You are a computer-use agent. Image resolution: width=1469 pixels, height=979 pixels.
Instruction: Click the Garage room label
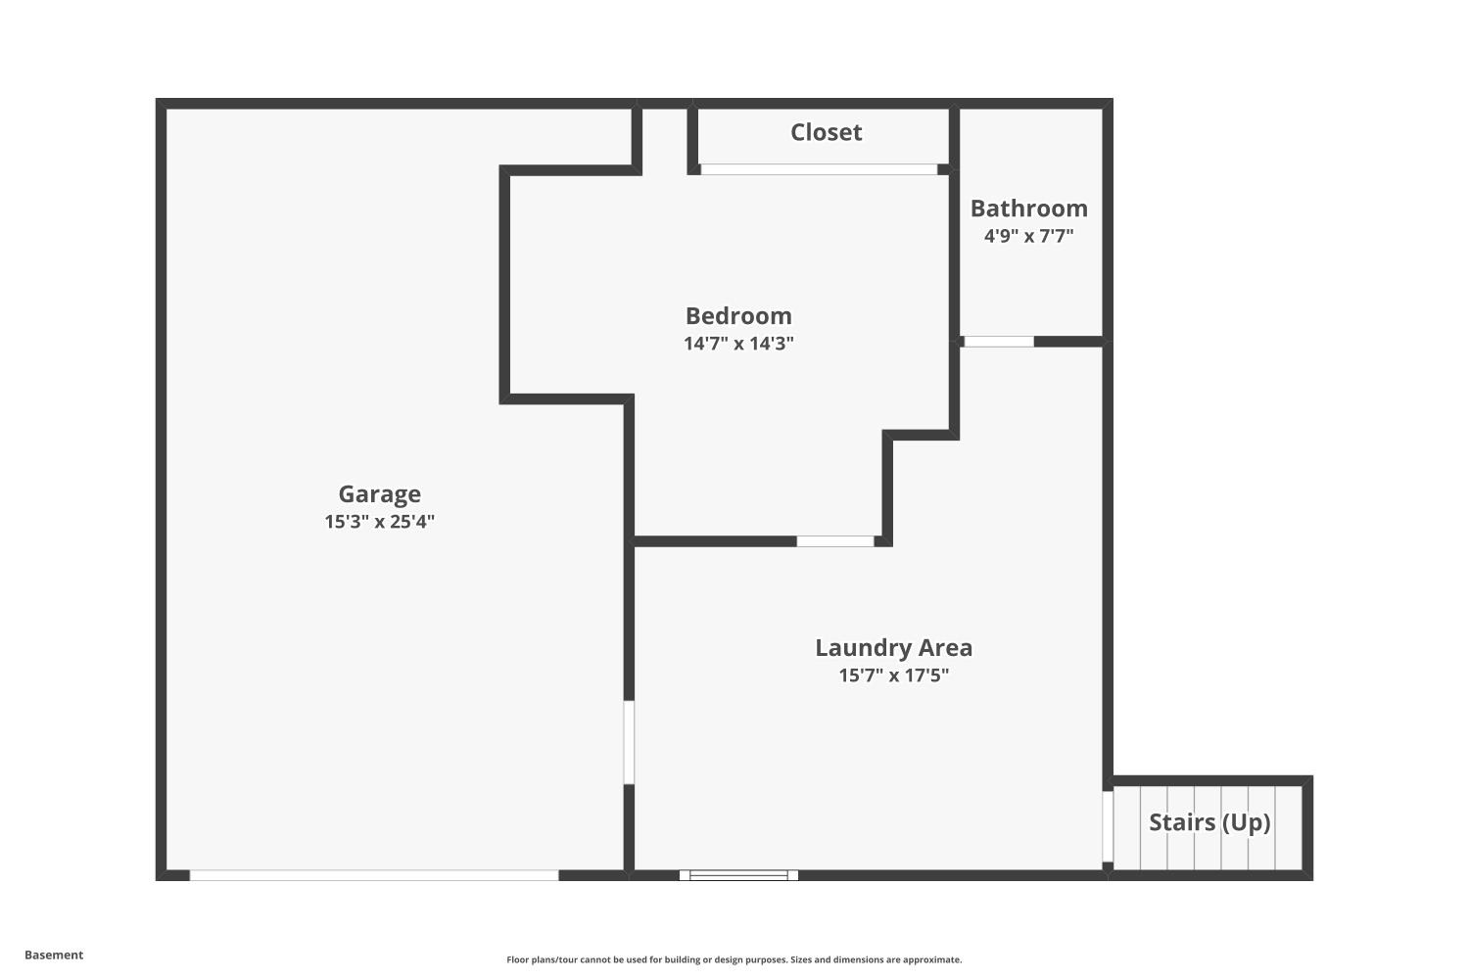tap(380, 494)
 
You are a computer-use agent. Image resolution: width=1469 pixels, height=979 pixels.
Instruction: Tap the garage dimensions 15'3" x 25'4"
tap(380, 521)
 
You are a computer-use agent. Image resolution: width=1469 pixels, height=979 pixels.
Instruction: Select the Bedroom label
tap(738, 315)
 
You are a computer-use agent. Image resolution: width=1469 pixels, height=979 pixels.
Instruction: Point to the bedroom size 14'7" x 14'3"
tap(738, 343)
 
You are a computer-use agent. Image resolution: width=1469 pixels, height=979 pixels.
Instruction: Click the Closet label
tap(826, 132)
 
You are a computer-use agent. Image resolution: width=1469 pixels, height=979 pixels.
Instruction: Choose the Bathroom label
tap(1029, 208)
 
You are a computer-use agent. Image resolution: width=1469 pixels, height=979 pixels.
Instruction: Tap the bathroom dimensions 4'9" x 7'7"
tap(1029, 235)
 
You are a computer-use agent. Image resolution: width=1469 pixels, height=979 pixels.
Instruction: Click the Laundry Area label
tap(894, 648)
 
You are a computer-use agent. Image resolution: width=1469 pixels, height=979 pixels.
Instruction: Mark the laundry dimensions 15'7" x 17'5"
tap(894, 675)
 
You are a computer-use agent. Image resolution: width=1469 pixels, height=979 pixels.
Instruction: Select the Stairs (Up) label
tap(1209, 822)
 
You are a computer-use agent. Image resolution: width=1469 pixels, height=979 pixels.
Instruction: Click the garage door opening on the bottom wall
tap(374, 875)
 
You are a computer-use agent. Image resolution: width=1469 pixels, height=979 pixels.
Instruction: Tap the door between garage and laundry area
tap(629, 742)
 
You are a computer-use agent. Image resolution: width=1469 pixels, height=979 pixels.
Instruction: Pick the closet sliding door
tap(819, 169)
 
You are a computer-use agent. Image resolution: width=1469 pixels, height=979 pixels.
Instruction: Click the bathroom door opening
tap(999, 342)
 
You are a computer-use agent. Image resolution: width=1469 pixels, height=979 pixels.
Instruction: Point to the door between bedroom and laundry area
tap(835, 541)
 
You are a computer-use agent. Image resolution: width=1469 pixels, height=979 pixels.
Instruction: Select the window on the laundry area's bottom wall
tap(739, 875)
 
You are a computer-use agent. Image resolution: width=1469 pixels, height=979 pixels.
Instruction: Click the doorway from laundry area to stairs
tap(1108, 826)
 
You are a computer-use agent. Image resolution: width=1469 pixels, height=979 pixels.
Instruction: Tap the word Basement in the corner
tap(54, 955)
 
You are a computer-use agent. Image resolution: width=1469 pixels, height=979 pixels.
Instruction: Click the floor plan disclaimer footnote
tap(734, 959)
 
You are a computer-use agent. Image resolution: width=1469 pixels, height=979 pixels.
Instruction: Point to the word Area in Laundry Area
tap(945, 648)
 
